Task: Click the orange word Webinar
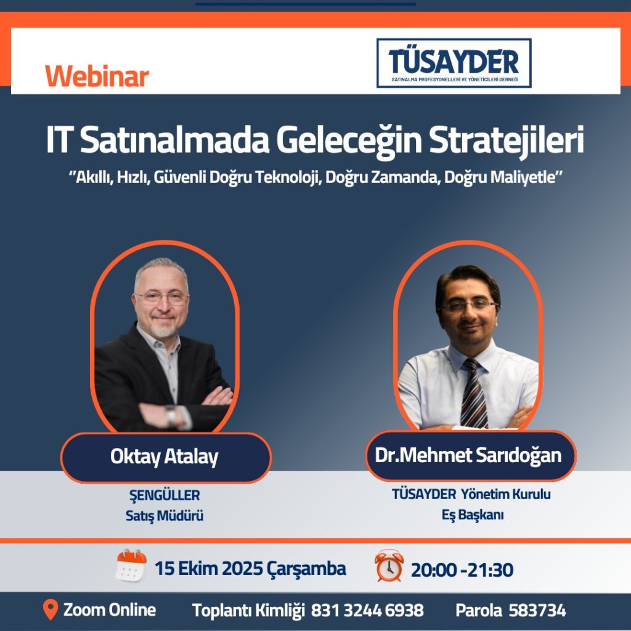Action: (97, 76)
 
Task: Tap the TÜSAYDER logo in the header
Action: (454, 63)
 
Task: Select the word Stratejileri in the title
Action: (506, 140)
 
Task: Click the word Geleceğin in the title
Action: (349, 140)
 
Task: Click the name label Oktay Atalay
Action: (164, 457)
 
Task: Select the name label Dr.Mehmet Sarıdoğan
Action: (468, 455)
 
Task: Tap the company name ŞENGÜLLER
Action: (165, 495)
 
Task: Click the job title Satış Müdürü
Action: (164, 516)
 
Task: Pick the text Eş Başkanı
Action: (473, 515)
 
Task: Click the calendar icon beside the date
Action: (131, 565)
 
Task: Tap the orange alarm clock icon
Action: (389, 566)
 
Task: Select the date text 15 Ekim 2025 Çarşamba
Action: (250, 569)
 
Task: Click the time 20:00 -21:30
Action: (462, 570)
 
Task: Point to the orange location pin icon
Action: (51, 609)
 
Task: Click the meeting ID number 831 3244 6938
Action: (367, 611)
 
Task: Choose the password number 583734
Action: (537, 611)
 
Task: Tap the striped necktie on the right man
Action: (474, 394)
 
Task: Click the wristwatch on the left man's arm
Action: (171, 416)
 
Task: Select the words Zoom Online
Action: (110, 609)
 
